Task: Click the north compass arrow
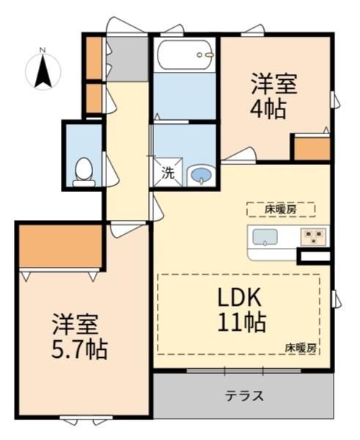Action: pos(43,70)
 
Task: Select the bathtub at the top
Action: pos(184,55)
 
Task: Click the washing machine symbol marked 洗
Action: pos(168,172)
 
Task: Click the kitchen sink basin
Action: pos(265,237)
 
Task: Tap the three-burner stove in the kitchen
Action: pos(313,237)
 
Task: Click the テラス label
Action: pos(245,396)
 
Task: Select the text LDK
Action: pos(240,297)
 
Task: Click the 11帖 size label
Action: pos(242,322)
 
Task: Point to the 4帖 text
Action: pos(268,109)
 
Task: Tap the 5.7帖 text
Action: pos(79,349)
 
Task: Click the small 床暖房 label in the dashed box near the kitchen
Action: pos(281,210)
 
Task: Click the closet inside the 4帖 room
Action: pos(312,148)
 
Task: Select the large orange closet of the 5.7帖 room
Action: pos(60,246)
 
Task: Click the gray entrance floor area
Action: pos(128,59)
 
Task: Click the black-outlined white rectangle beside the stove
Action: pos(315,256)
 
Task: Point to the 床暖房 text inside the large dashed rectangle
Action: pos(301,348)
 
